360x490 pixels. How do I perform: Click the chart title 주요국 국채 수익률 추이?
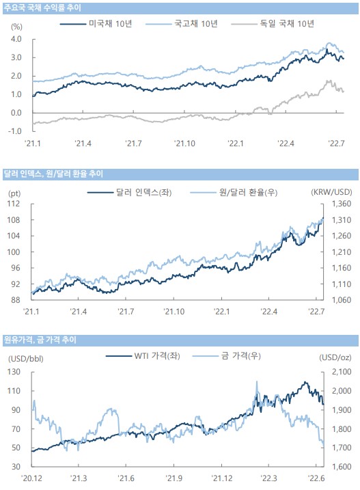pos(42,8)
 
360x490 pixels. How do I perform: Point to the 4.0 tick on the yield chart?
pos(16,39)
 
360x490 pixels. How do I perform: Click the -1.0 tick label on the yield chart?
pos(15,131)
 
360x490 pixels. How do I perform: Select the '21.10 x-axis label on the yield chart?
pos(184,144)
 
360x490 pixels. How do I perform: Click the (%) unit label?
pos(16,27)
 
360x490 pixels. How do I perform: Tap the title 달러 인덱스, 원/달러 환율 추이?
pos(53,174)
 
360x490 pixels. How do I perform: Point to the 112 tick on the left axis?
pos(14,204)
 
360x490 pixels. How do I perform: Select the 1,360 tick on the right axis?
pos(342,204)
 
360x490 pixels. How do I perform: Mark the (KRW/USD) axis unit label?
pos(331,192)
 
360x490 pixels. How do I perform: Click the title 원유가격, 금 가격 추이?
pos(40,340)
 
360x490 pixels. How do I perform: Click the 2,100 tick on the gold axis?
pos(342,372)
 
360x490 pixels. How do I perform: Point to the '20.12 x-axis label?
pos(31,478)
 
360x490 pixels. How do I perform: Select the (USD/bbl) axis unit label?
pos(26,358)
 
